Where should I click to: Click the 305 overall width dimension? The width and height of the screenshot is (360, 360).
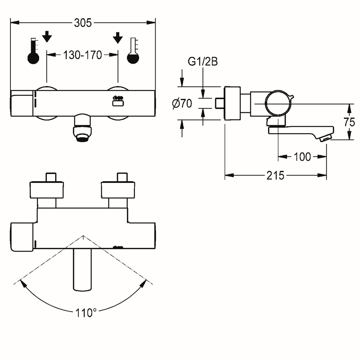(x=83, y=23)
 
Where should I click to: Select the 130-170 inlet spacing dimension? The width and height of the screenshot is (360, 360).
(x=82, y=55)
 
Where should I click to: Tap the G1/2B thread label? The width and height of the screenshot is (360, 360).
(x=203, y=62)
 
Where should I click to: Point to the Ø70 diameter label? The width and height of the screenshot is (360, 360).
(x=182, y=104)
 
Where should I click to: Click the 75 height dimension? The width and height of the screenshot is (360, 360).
(x=350, y=122)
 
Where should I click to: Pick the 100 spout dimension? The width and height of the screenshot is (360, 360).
(x=302, y=157)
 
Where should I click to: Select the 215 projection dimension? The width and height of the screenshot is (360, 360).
(x=275, y=176)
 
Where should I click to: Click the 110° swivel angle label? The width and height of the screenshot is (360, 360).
(x=86, y=313)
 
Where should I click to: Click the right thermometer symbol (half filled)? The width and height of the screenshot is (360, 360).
(x=133, y=51)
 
